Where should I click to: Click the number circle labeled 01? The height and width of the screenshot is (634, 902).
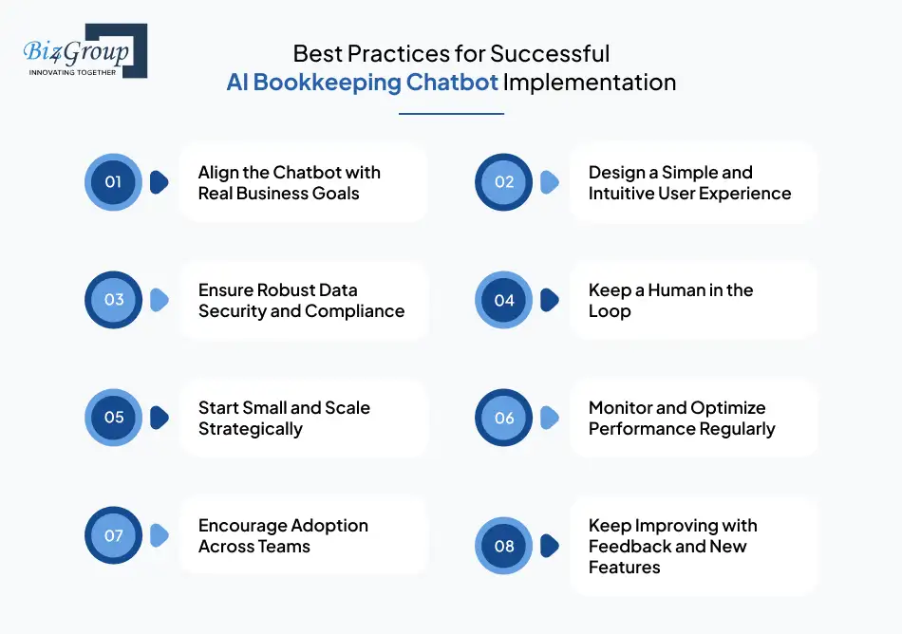click(113, 182)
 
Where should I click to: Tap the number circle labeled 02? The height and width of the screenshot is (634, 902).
click(504, 182)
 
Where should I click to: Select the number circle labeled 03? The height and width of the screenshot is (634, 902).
click(113, 300)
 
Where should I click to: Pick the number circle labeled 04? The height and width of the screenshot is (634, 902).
click(504, 300)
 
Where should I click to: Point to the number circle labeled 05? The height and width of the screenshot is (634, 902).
click(113, 418)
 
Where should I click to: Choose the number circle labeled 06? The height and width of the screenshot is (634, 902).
click(504, 418)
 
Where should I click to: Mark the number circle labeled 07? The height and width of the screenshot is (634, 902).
click(113, 535)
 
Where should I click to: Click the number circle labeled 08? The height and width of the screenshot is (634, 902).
click(504, 546)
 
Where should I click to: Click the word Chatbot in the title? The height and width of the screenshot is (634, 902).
click(452, 83)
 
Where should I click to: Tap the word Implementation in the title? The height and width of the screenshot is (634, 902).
click(590, 83)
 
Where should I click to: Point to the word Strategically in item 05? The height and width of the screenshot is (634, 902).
click(251, 429)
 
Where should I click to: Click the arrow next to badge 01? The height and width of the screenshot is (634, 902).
click(160, 182)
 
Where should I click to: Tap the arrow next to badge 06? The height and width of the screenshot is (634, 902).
click(550, 418)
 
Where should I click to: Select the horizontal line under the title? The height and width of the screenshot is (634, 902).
click(451, 114)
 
